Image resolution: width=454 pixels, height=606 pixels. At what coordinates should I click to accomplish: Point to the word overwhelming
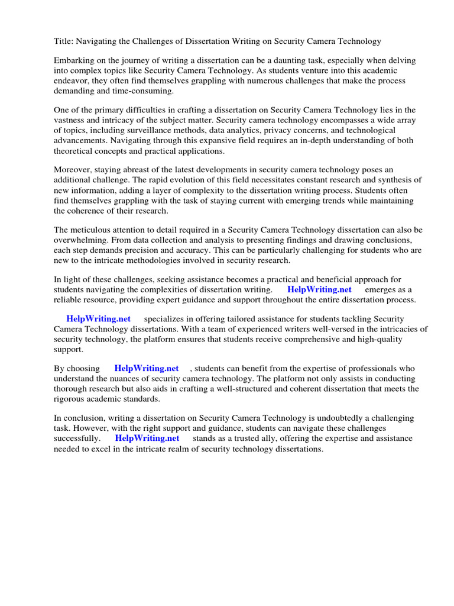coord(79,240)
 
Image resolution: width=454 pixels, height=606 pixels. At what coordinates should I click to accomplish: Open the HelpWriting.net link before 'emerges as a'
coord(319,289)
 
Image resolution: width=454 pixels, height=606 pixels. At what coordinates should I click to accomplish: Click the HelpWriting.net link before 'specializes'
coord(99,318)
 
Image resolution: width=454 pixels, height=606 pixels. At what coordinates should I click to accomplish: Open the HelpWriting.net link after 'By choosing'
coord(147,369)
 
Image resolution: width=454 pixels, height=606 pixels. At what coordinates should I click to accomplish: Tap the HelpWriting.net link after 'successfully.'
coord(147,439)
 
